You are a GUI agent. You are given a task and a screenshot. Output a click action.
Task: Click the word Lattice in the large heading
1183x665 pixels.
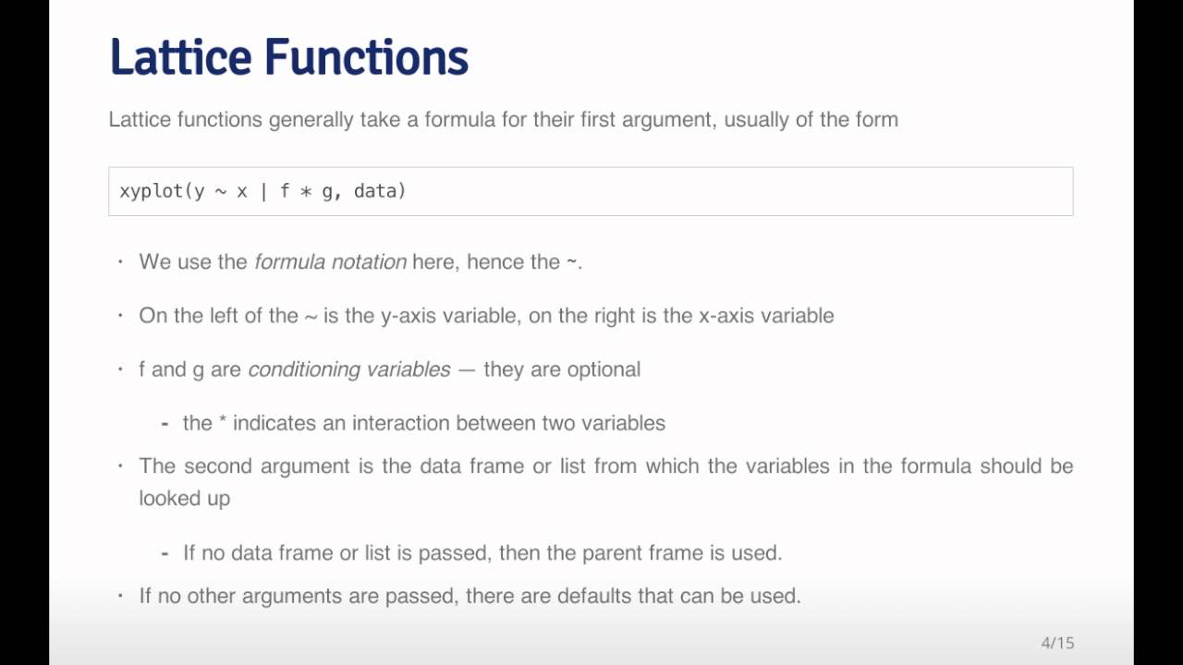[x=181, y=57]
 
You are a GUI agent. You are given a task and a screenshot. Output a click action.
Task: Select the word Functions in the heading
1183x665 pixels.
[x=366, y=57]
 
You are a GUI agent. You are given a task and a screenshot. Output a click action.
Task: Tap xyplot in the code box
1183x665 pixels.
[x=152, y=191]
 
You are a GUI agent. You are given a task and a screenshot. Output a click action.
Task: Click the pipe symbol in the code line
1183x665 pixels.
[x=262, y=191]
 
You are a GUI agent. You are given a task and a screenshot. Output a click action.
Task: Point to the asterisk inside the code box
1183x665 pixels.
[x=305, y=192]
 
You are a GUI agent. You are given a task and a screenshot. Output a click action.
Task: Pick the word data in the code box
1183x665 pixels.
[x=375, y=191]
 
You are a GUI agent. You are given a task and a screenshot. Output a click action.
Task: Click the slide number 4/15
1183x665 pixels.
[x=1057, y=643]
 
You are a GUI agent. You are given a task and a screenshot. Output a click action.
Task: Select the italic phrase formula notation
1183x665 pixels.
[x=330, y=261]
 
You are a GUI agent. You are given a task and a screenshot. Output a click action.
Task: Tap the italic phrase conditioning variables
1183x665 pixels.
[x=348, y=369]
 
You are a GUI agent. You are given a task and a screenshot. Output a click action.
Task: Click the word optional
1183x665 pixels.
[x=602, y=369]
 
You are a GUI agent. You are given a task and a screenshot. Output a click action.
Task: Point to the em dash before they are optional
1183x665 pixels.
[x=467, y=369]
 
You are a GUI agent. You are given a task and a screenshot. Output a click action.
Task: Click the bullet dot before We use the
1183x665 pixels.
[x=120, y=262]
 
